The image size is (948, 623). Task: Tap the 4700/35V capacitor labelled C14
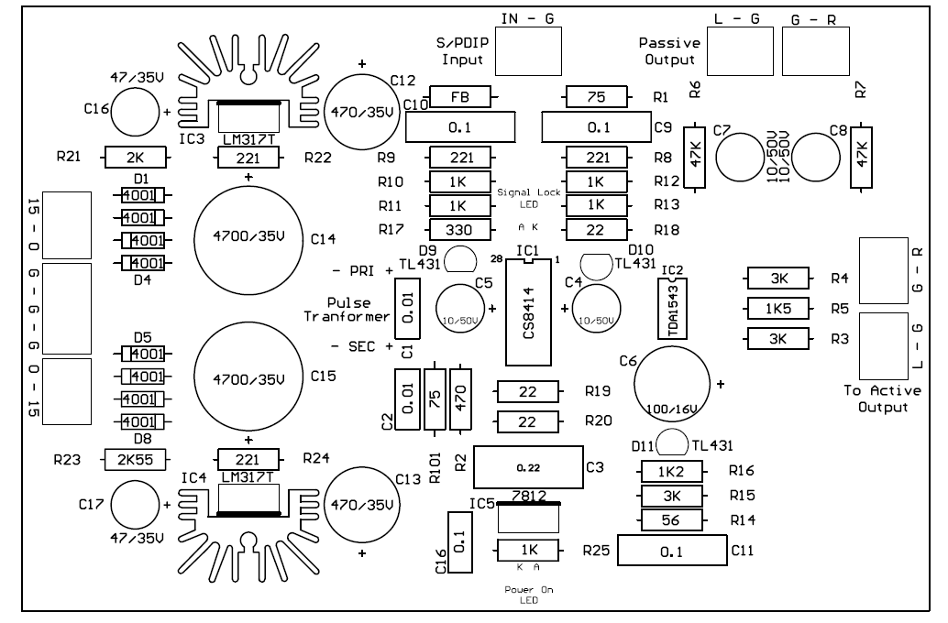(x=249, y=239)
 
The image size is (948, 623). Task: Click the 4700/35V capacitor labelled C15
(x=249, y=376)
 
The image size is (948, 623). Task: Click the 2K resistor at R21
(x=135, y=157)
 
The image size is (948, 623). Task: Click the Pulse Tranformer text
(x=346, y=309)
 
